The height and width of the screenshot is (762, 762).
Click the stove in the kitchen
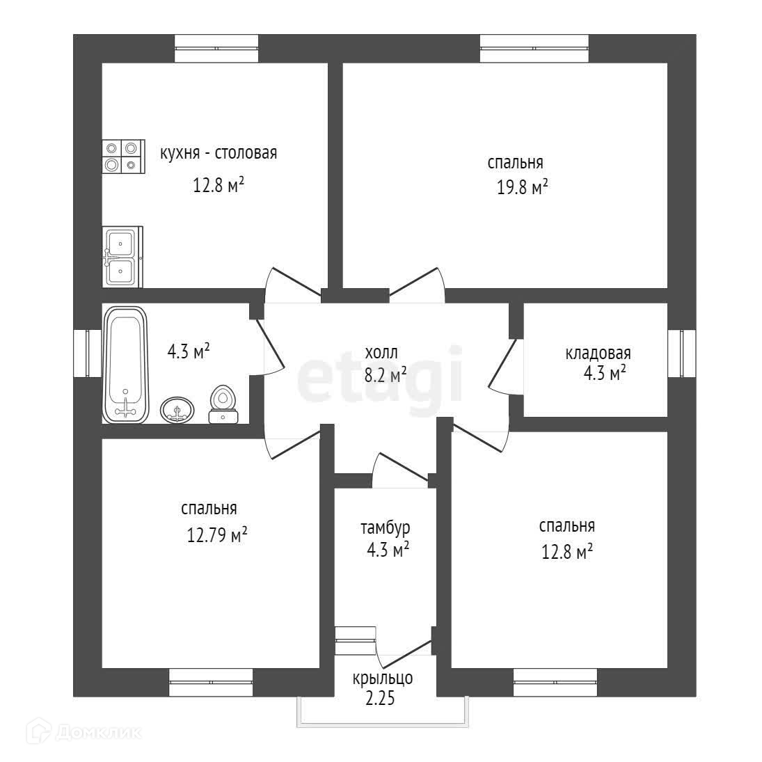coord(122,156)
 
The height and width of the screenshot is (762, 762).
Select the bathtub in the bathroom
coord(125,365)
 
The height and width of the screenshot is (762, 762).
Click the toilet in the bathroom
coord(223,404)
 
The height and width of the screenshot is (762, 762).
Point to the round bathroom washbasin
coord(177,409)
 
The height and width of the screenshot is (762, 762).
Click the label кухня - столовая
coord(219,153)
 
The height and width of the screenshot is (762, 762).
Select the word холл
coord(381,353)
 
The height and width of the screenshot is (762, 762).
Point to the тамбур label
coord(386,528)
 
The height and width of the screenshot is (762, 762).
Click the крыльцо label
coord(383,677)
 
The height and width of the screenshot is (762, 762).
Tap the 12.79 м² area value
coord(217,537)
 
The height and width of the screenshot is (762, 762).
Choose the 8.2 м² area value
coord(386,376)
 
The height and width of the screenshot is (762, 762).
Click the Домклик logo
coord(86,731)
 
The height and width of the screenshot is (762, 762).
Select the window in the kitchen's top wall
coord(216,48)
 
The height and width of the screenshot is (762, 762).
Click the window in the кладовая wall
coord(682,354)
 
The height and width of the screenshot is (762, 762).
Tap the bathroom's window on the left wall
coord(88,354)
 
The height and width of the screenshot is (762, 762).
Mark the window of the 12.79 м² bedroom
coord(211,683)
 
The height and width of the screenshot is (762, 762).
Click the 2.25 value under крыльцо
coord(381,699)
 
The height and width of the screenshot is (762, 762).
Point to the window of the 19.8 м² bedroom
coord(534,48)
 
